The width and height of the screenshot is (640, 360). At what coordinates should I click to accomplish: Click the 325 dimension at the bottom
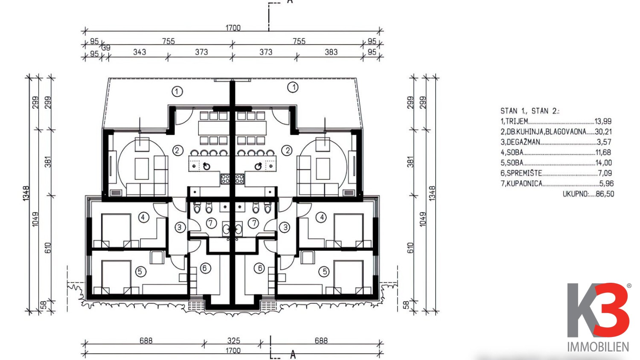pos(234,340)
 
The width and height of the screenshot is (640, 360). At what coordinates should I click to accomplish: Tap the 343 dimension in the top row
pos(140,52)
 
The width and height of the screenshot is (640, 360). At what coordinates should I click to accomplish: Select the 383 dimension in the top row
pos(331,52)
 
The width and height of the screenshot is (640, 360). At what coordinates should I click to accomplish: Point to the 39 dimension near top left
pos(106,48)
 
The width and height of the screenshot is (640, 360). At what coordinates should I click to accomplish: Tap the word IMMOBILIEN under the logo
pos(598,347)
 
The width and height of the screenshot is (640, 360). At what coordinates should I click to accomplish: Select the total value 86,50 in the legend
pos(605,194)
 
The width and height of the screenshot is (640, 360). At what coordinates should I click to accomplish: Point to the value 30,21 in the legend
pos(603,131)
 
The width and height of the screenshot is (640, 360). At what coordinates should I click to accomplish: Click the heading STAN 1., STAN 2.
pos(530,111)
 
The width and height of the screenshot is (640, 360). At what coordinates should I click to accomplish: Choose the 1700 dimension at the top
pos(233,28)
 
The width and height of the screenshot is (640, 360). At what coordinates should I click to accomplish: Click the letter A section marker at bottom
pos(293,355)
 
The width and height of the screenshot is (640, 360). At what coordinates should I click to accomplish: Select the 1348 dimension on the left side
pos(26,193)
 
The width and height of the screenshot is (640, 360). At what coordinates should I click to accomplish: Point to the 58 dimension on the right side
pos(406,305)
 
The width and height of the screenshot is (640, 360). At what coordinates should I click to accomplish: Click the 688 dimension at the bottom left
pos(146,340)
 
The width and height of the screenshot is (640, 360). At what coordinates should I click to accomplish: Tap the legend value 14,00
pos(603,163)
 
